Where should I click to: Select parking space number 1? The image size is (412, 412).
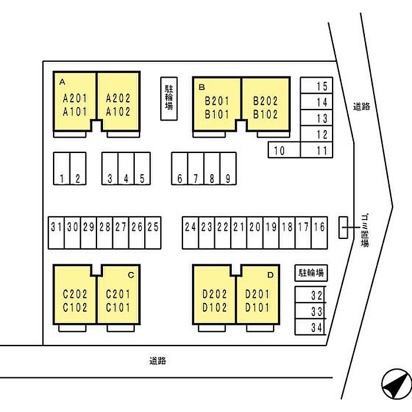pos(62,169)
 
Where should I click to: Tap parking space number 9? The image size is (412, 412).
pos(228,169)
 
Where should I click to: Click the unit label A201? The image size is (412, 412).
pos(75,98)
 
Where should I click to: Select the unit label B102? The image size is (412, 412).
pos(265,115)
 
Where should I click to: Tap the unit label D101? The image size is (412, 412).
pos(257,307)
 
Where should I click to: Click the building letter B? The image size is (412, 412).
pos(201,87)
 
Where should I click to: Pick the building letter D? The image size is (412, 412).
pos(270,275)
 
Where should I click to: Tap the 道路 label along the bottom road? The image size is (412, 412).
pos(157,361)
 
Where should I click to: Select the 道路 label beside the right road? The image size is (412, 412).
pos(361,107)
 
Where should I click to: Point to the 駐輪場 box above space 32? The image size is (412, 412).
pos(310,273)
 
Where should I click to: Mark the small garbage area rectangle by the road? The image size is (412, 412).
pos(343,228)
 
